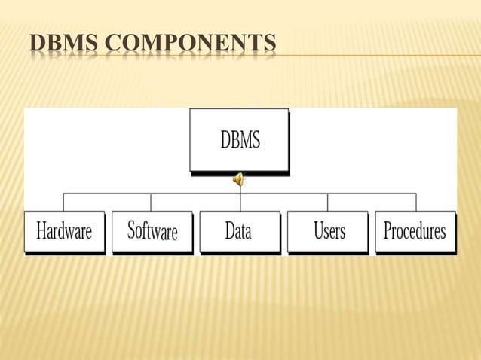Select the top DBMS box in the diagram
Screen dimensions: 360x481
(239, 140)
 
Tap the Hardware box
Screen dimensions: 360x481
(64, 231)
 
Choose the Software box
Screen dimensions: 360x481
(152, 231)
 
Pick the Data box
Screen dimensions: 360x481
(239, 231)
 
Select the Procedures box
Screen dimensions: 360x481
(415, 231)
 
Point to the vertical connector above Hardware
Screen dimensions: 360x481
(63, 202)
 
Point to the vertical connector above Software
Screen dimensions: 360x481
(151, 202)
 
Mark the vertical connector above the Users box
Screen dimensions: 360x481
(328, 202)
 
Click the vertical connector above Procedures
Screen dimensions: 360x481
(415, 202)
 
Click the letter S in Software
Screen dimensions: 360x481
(132, 230)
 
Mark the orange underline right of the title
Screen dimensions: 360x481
(377, 55)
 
